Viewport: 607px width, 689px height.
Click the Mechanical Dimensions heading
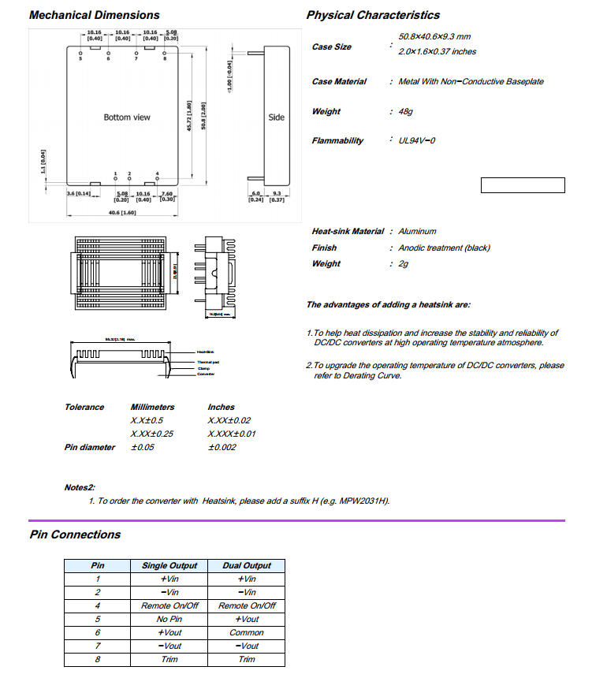pos(94,15)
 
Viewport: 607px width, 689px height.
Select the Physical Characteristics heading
pos(373,15)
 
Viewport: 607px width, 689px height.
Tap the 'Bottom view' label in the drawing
pos(127,117)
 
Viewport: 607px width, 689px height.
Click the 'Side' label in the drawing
pos(276,117)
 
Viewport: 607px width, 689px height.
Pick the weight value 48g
pos(406,112)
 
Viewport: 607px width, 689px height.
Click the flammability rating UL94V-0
pos(417,140)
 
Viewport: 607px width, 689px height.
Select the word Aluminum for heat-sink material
pos(417,231)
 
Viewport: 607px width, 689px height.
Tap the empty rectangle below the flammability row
pos(523,185)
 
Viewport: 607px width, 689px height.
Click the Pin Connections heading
pos(75,534)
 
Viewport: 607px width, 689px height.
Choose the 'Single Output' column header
pos(169,565)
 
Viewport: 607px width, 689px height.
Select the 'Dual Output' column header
pos(247,565)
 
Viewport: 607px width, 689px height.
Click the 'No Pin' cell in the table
pos(169,619)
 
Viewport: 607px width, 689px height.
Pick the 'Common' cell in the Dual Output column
pos(247,632)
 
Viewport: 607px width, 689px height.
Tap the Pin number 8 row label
pos(98,659)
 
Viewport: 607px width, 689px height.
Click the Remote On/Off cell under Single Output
pos(169,605)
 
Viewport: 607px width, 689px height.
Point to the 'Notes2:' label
pos(80,487)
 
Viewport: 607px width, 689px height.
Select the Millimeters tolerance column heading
pos(153,407)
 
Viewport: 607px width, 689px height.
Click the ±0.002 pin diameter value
pos(222,447)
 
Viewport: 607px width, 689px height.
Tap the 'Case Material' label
pos(339,82)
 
